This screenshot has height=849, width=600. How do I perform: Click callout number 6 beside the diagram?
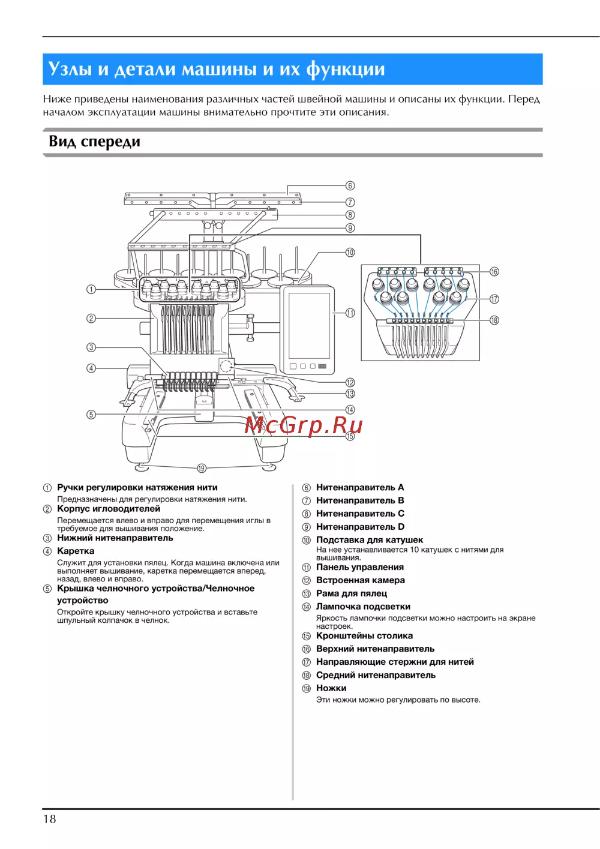pyautogui.click(x=350, y=186)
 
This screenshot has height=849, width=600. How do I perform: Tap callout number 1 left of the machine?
pyautogui.click(x=91, y=289)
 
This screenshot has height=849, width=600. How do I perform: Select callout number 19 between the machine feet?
pyautogui.click(x=202, y=469)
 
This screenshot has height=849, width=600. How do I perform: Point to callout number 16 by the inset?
pyautogui.click(x=494, y=272)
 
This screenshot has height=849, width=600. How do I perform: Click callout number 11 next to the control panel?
pyautogui.click(x=350, y=313)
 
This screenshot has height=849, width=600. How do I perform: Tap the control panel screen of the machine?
pyautogui.click(x=309, y=325)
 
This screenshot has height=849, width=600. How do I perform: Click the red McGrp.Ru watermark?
pyautogui.click(x=304, y=425)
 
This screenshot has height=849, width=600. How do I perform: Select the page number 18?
pyautogui.click(x=49, y=818)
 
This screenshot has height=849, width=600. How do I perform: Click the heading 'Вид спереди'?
pyautogui.click(x=94, y=142)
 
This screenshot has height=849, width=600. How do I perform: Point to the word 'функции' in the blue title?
pyautogui.click(x=346, y=69)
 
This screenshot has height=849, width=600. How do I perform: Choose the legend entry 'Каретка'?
pyautogui.click(x=76, y=551)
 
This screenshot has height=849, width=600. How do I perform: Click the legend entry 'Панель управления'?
pyautogui.click(x=359, y=567)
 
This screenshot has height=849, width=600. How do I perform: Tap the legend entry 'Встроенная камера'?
pyautogui.click(x=360, y=580)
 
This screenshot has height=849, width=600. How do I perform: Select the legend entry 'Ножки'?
pyautogui.click(x=331, y=688)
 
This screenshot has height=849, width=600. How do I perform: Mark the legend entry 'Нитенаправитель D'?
pyautogui.click(x=360, y=527)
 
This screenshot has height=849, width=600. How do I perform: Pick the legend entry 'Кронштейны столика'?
pyautogui.click(x=364, y=635)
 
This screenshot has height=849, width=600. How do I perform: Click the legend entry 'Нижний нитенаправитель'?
pyautogui.click(x=115, y=538)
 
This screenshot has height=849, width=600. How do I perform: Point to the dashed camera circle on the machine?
pyautogui.click(x=226, y=365)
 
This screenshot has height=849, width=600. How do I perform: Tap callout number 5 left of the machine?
pyautogui.click(x=91, y=414)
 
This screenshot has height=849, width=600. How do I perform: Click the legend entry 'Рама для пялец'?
pyautogui.click(x=351, y=593)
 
